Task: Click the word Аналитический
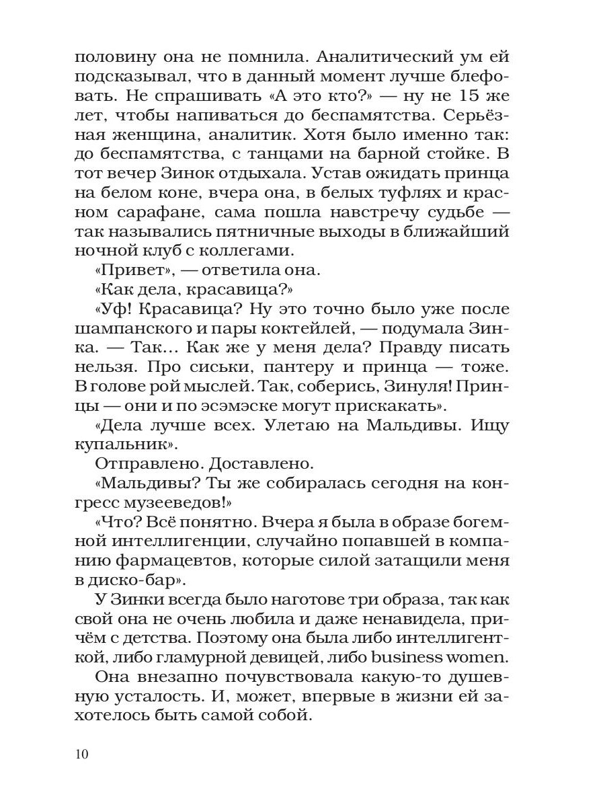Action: (331, 58)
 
